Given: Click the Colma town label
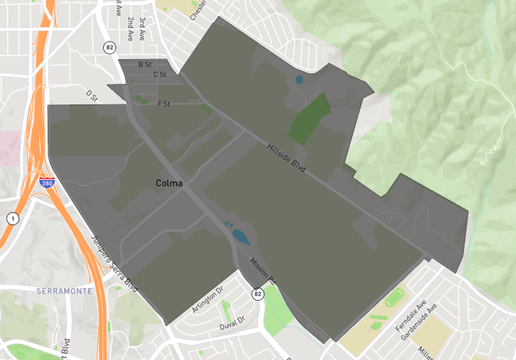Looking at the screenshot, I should point(169,184).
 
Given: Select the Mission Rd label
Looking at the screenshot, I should point(262,271).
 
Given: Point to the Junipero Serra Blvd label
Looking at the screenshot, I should point(115,263).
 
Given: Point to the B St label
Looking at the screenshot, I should point(145,64).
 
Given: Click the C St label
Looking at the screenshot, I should point(159,75).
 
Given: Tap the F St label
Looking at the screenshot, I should point(164,103).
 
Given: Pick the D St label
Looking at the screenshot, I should point(91,94).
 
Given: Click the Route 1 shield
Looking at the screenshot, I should point(12,218).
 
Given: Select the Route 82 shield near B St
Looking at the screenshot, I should point(110,47).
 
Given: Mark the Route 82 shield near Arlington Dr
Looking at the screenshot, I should point(258,294).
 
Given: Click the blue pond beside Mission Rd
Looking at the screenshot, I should point(239,235).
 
